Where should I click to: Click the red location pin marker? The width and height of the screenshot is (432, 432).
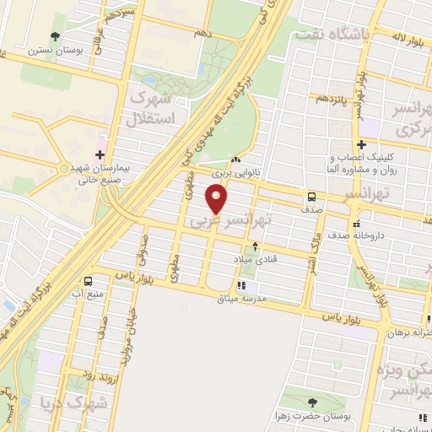(x=217, y=199)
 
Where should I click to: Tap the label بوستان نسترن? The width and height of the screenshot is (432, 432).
(x=56, y=51)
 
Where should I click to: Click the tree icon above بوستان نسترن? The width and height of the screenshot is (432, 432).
(x=56, y=36)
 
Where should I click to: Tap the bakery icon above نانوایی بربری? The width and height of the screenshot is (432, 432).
(x=235, y=161)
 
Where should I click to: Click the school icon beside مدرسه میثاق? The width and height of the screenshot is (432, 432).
(x=242, y=285)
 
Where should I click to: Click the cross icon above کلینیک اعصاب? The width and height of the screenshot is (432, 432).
(x=361, y=144)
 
